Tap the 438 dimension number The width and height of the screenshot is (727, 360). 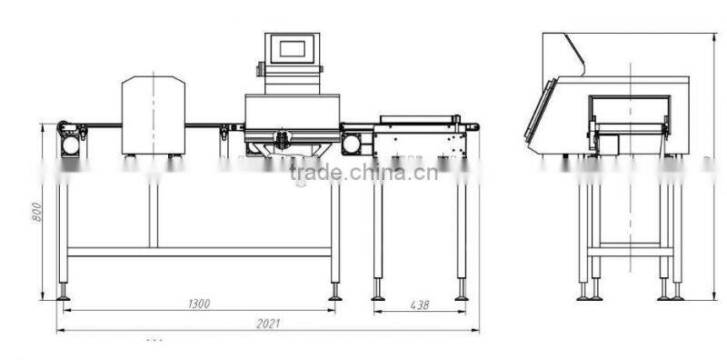point(419,305)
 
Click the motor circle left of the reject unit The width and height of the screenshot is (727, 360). point(351,143)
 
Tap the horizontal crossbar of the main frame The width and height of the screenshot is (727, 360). point(200,251)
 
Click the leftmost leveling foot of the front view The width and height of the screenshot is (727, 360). point(63,295)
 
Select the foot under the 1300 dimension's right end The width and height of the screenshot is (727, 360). point(334,295)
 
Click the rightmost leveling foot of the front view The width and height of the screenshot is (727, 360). point(462,295)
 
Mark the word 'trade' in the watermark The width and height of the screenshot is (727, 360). point(310,173)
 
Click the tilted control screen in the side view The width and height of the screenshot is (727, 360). point(541,113)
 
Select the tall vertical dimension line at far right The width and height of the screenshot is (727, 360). point(717,164)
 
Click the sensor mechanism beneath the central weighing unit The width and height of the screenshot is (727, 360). point(282,141)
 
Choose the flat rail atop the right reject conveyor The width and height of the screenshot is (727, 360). point(415,117)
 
